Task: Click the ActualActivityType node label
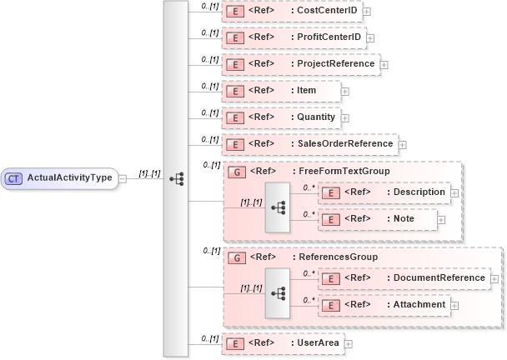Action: pos(70,177)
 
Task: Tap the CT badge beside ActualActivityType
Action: pos(14,177)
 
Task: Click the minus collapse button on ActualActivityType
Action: pos(122,177)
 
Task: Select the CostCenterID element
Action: pos(324,11)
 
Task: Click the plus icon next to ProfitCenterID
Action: pos(370,37)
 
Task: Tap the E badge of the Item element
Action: pos(236,91)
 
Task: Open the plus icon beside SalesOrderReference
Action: pos(402,144)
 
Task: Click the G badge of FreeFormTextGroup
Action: pos(236,172)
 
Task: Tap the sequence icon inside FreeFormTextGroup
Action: pos(277,206)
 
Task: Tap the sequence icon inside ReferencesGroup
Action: pos(277,292)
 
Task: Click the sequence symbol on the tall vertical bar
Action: pos(176,178)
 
